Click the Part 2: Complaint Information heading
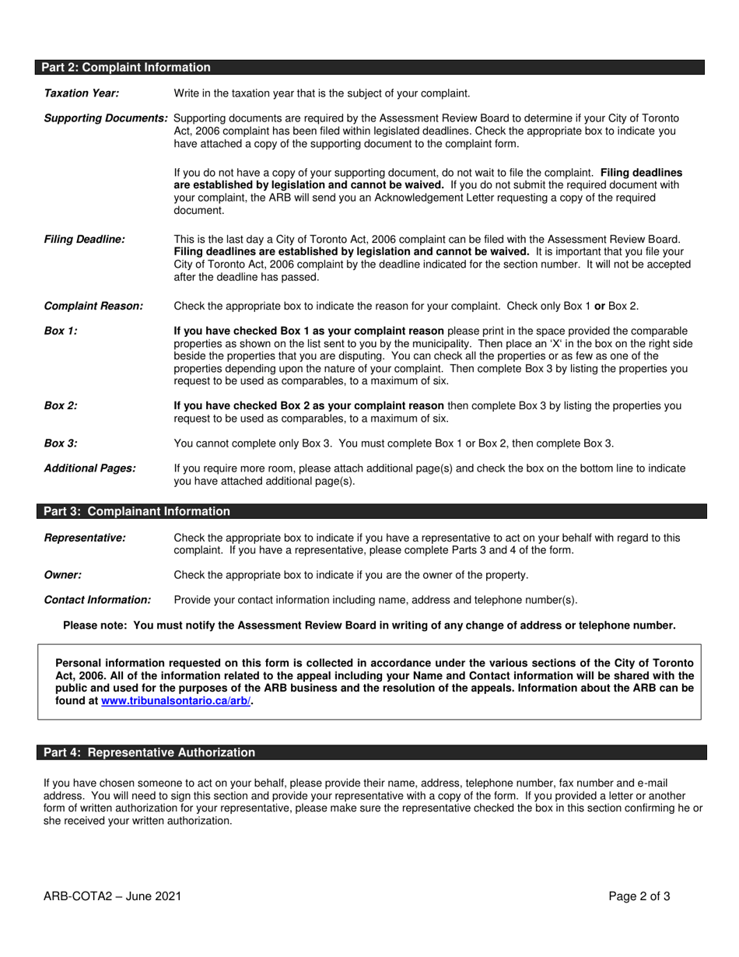click(x=127, y=68)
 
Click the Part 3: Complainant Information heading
click(x=137, y=511)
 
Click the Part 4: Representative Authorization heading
click(x=149, y=752)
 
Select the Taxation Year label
click(x=82, y=93)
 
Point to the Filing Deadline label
click(x=84, y=239)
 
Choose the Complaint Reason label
click(x=93, y=306)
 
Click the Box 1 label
click(x=61, y=331)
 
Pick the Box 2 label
click(x=61, y=405)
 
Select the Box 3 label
click(x=61, y=443)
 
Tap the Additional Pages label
click(x=89, y=468)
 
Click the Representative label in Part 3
click(x=85, y=538)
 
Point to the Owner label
click(x=62, y=575)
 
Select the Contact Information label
click(x=97, y=600)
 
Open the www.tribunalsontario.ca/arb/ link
click(x=176, y=700)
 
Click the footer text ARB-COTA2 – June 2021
click(x=113, y=896)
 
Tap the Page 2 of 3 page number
click(x=639, y=896)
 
